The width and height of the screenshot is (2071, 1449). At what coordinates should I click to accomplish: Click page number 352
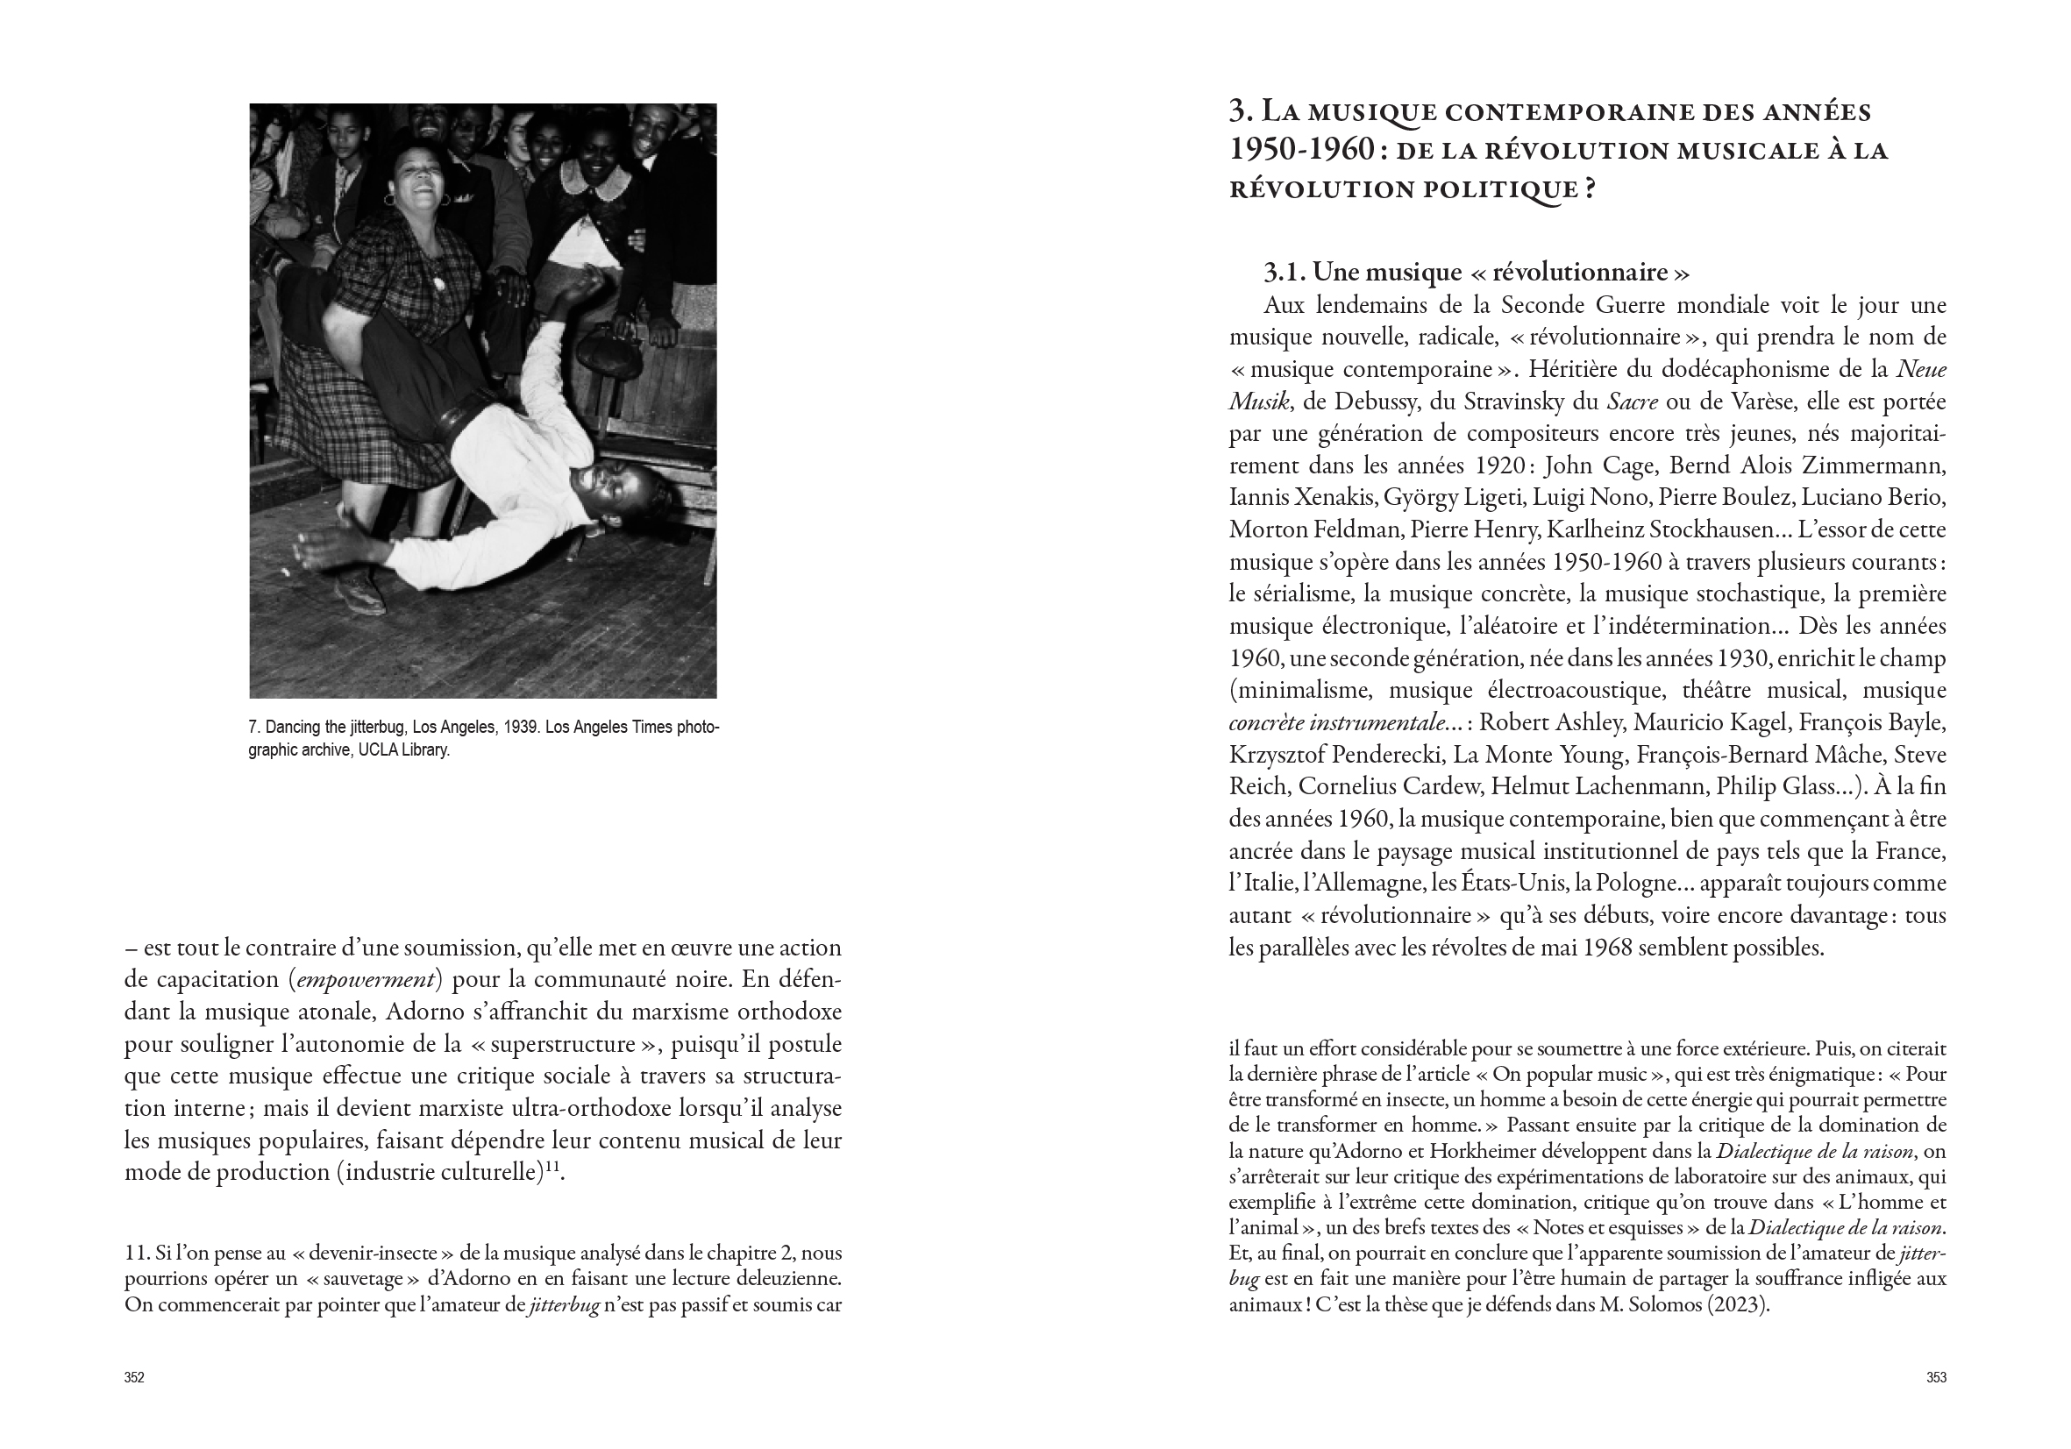134,1377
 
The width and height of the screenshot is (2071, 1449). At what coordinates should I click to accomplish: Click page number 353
1936,1377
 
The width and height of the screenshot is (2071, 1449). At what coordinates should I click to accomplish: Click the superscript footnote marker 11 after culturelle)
552,1168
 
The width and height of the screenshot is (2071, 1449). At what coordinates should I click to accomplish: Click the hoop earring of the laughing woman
389,199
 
